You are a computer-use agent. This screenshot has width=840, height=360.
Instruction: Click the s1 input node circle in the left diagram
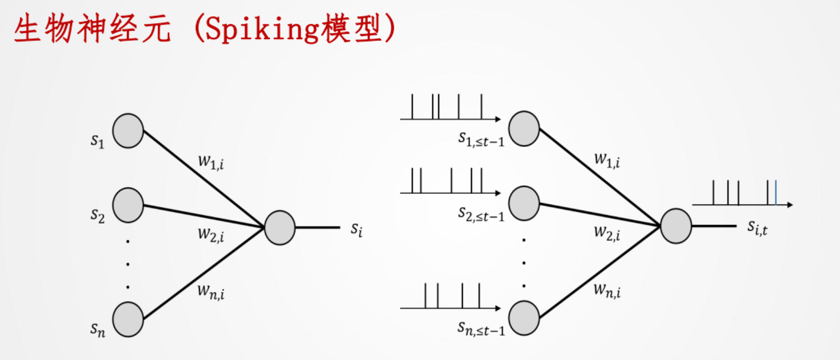128,131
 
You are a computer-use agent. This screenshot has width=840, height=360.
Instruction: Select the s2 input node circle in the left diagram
128,205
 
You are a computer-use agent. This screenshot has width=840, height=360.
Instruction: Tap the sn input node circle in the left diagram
128,319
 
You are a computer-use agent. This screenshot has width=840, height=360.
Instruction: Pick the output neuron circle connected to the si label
280,228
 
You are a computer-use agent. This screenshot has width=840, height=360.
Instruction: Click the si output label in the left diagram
356,230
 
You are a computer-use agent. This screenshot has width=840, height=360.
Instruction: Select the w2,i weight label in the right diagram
607,233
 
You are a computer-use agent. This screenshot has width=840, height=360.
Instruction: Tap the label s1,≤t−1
481,139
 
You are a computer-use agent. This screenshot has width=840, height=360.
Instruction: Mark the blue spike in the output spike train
775,193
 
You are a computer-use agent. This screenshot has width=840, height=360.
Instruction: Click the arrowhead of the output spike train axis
790,204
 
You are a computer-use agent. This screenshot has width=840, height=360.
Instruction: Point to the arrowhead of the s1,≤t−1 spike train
498,119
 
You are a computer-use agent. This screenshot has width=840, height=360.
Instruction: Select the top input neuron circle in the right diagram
524,129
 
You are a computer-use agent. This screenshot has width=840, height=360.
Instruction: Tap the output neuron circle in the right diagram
676,226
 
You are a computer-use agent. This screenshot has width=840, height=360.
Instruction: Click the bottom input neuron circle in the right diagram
524,318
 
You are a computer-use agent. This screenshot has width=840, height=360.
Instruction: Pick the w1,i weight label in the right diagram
607,161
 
